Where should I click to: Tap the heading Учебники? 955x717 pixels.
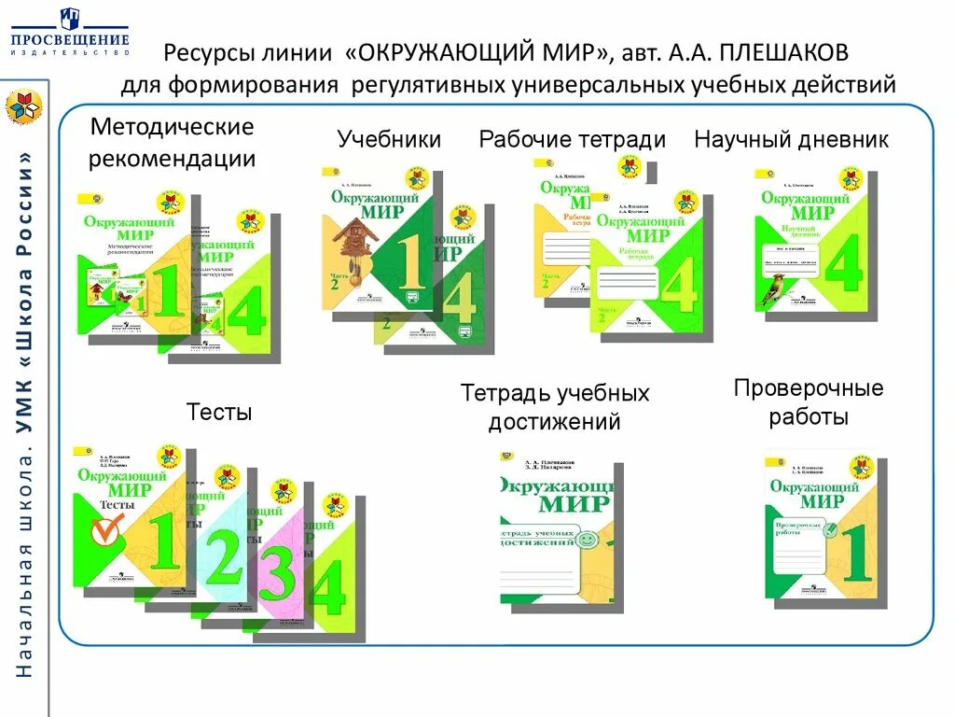[389, 140]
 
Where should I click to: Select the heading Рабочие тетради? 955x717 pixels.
[572, 140]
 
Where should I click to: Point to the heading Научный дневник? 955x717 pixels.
[791, 140]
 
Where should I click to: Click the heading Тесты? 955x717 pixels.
[219, 412]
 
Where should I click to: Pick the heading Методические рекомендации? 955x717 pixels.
[172, 143]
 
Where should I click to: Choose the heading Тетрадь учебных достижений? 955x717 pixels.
[555, 407]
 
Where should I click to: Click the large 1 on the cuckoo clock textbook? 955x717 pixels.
[409, 256]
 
